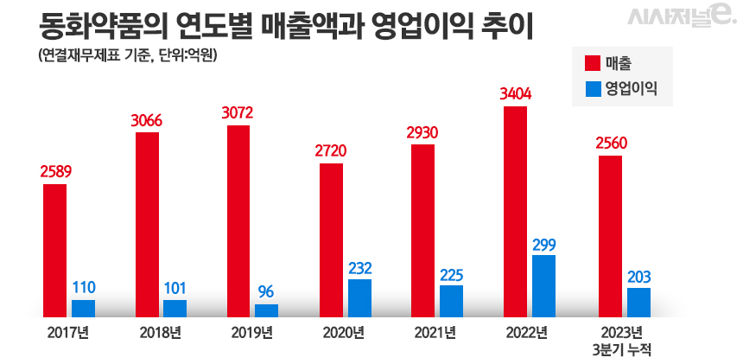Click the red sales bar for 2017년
tap(55, 251)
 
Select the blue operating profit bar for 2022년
tap(543, 285)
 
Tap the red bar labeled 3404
tap(515, 212)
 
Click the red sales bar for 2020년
tap(331, 239)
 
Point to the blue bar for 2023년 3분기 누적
tap(638, 303)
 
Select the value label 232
tap(359, 269)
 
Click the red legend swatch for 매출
tap(592, 63)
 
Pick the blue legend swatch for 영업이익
tap(592, 88)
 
